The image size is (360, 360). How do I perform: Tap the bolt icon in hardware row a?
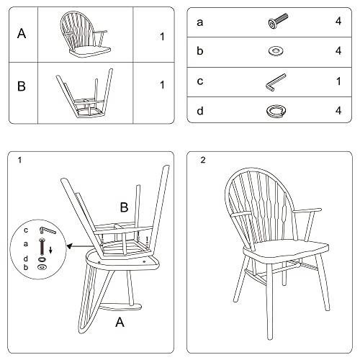pos(276,23)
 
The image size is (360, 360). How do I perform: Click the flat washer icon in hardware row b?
pos(275,52)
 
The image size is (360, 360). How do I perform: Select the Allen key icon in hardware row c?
pos(275,81)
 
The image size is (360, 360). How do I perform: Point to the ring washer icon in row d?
pos(275,110)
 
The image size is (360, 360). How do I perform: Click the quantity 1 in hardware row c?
pos(337,81)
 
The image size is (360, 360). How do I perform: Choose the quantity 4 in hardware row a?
pos(337,23)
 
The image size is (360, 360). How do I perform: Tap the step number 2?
pos(203,160)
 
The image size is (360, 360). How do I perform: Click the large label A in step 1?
pos(120,323)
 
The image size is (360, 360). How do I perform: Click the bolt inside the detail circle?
pos(40,246)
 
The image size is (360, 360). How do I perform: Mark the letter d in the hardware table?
pos(200,110)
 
